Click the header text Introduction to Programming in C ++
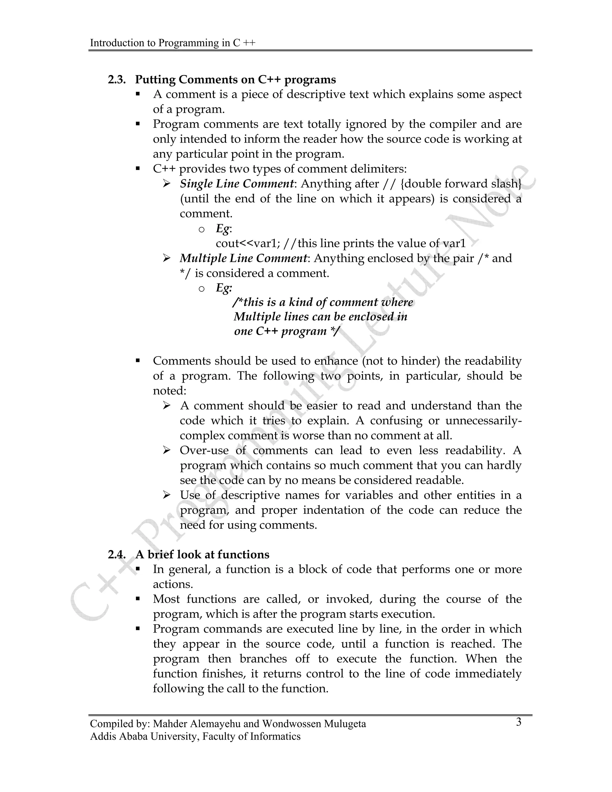173,43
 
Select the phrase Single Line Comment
237,184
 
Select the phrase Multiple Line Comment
243,259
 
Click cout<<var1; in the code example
248,243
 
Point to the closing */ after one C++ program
335,331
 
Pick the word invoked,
349,599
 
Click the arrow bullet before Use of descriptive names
166,495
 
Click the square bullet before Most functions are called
137,599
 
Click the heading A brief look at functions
202,554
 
